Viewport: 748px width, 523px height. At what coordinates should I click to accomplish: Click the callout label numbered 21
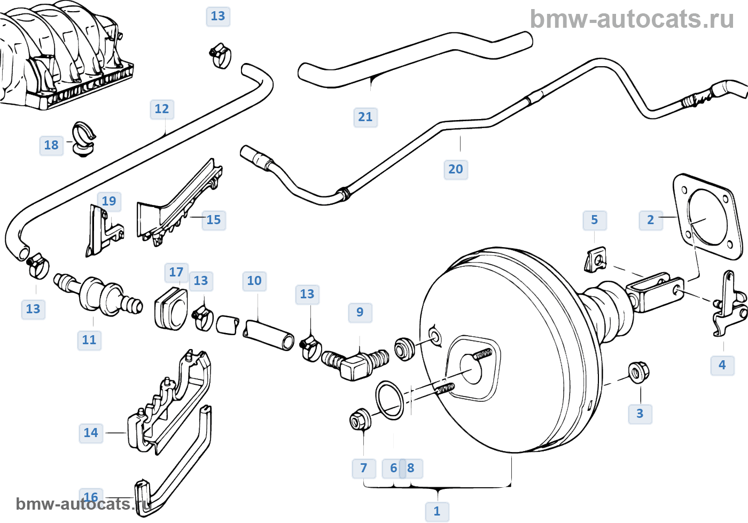pos(365,117)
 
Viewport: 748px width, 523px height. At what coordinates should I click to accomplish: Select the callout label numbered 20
pos(456,169)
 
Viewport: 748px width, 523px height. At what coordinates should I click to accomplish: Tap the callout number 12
pos(162,109)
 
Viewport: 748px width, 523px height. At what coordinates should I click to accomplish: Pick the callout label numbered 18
pos(51,145)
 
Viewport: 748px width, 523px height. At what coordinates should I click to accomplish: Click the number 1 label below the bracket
pos(437,511)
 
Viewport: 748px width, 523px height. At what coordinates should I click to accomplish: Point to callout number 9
pos(360,312)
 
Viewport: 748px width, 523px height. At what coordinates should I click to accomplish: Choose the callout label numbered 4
pos(722,365)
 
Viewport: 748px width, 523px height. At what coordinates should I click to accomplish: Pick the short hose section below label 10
pos(269,334)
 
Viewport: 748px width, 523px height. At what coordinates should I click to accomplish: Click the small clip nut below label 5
pos(595,259)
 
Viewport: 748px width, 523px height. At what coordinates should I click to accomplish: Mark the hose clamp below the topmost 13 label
pos(220,56)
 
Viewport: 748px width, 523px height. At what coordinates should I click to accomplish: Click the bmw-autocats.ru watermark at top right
pos(632,19)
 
